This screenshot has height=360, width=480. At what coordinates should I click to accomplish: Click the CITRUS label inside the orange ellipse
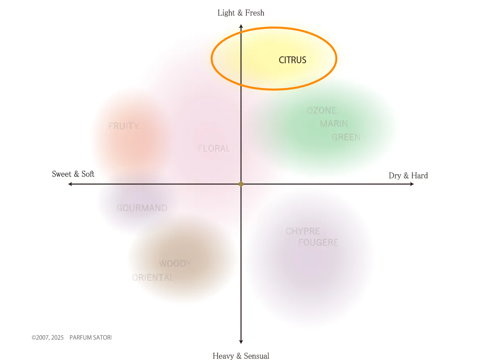click(292, 60)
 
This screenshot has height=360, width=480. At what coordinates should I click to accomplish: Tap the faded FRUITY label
click(124, 126)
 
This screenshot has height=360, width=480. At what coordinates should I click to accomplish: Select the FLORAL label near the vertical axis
click(214, 148)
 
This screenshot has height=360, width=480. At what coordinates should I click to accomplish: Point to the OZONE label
click(322, 110)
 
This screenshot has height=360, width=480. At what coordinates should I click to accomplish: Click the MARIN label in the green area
click(334, 124)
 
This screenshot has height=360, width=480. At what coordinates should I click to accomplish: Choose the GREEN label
click(346, 137)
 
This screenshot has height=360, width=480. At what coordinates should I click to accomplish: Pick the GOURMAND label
click(142, 208)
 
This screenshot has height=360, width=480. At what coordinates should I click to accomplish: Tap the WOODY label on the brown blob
click(175, 263)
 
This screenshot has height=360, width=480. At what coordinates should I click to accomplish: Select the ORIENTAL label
click(153, 278)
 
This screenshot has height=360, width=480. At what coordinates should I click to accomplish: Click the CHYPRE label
click(303, 231)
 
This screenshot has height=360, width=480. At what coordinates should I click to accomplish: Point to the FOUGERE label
click(318, 242)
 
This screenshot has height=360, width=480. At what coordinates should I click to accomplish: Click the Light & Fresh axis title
click(241, 13)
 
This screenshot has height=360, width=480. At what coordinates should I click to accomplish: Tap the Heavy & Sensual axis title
click(241, 356)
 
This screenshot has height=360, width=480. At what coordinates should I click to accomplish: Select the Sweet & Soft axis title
click(73, 174)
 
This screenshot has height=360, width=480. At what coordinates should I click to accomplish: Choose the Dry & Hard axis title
click(408, 176)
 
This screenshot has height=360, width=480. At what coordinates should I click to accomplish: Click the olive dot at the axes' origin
click(241, 184)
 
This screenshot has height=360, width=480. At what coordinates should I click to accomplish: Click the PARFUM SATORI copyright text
click(90, 338)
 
